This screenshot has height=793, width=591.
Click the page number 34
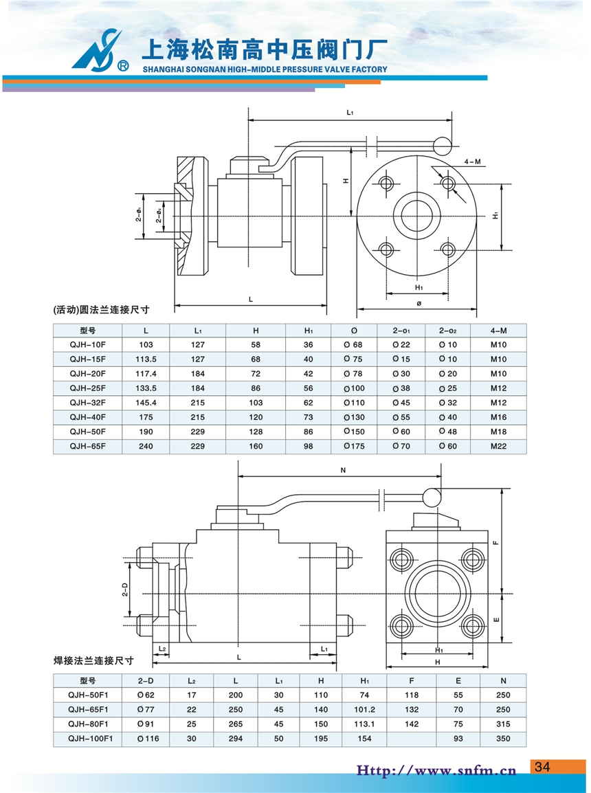(x=543, y=767)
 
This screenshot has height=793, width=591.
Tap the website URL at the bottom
(x=436, y=770)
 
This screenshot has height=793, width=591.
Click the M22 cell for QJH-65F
(x=498, y=446)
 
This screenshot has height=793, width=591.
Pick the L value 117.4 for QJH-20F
(x=146, y=374)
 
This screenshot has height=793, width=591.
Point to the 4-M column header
(x=498, y=331)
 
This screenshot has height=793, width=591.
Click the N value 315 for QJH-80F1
(x=503, y=724)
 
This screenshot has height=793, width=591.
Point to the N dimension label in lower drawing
(x=342, y=471)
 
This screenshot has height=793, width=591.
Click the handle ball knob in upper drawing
(x=443, y=145)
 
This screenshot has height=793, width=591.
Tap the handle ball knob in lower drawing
(x=432, y=495)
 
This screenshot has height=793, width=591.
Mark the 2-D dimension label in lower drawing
(x=125, y=590)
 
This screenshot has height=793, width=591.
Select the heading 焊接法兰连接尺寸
(x=93, y=661)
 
